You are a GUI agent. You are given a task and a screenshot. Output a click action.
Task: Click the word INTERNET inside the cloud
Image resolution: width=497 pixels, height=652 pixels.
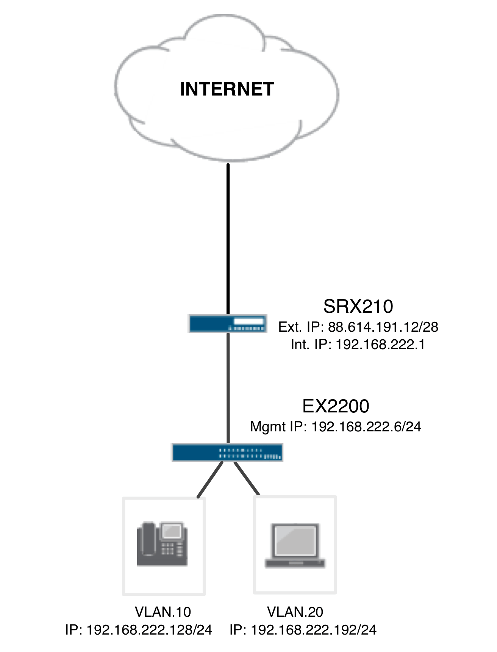227,89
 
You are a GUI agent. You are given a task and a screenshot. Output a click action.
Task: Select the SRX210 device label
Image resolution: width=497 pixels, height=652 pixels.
358,306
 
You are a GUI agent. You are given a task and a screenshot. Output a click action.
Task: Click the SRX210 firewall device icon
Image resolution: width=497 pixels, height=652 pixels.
228,324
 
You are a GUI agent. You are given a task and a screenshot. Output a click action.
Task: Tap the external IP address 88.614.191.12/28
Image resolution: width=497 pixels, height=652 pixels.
383,327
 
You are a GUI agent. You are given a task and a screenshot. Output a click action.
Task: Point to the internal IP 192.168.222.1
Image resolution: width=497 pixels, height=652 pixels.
380,345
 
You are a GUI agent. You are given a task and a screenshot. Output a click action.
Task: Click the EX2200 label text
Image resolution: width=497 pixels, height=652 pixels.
336,406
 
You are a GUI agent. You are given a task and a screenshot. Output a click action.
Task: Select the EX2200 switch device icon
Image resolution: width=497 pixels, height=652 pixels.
227,452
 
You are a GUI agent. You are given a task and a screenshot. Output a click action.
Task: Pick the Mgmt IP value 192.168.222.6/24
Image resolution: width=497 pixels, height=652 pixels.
366,427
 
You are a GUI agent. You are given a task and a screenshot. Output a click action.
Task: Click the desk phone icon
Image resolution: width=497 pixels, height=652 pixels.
162,544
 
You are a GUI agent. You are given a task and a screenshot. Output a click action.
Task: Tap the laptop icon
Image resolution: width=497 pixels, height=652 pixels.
295,546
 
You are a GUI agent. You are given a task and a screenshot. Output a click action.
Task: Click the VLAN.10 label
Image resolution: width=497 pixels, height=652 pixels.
163,612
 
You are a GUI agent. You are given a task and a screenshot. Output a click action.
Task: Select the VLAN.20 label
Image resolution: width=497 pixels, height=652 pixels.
295,612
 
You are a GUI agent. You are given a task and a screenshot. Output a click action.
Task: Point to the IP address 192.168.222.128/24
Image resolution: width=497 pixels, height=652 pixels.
149,630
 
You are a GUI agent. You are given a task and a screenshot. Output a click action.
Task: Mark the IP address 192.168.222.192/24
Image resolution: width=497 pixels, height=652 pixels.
314,630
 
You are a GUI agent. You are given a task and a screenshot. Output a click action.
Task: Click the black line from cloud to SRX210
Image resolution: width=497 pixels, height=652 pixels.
228,239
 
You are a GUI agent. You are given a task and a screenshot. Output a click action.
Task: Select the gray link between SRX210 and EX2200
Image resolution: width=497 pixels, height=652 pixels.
228,387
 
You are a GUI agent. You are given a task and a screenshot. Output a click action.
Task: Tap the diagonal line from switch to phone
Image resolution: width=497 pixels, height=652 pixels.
210,479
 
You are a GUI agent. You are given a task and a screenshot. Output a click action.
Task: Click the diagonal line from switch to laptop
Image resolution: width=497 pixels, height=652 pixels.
247,478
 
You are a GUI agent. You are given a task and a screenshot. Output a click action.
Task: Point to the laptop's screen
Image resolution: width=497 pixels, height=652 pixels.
295,541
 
